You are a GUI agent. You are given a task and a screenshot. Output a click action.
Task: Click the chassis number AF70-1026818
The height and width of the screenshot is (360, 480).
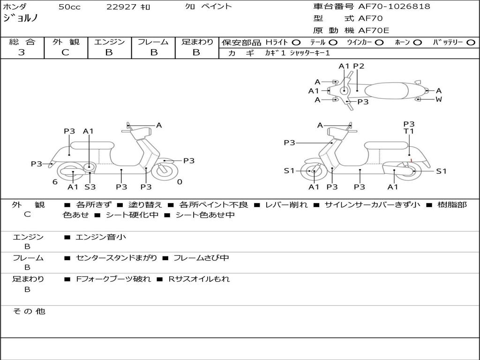click(394, 6)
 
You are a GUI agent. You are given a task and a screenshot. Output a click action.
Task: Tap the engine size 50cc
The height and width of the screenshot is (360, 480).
click(69, 7)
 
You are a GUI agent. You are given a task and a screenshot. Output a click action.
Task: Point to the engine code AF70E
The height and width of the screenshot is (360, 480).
click(374, 30)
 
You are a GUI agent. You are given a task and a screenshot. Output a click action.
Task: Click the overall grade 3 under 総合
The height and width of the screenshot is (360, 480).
click(22, 52)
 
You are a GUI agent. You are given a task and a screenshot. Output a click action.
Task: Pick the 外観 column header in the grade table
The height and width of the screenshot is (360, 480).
click(66, 42)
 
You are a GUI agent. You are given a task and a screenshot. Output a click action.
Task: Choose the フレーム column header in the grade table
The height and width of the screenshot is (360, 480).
click(153, 42)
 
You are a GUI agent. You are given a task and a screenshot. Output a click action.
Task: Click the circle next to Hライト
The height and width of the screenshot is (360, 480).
click(296, 43)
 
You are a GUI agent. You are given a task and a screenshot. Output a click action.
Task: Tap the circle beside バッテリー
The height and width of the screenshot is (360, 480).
click(471, 43)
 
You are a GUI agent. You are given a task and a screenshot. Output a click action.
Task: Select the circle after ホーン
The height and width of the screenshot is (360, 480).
click(418, 43)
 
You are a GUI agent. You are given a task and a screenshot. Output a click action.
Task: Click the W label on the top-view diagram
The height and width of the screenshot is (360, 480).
click(439, 99)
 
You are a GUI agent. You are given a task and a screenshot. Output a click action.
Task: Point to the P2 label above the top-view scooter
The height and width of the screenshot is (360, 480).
click(359, 66)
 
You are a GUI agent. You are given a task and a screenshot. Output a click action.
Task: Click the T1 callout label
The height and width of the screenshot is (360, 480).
click(409, 131)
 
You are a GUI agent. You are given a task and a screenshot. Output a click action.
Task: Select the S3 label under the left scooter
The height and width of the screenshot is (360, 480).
click(90, 187)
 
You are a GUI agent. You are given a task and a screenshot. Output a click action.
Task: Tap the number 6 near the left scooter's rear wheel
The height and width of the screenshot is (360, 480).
click(55, 182)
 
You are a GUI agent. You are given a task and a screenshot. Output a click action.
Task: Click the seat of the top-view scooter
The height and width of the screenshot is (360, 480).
click(386, 91)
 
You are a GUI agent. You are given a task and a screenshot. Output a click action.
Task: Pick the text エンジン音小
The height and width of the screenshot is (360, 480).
click(101, 237)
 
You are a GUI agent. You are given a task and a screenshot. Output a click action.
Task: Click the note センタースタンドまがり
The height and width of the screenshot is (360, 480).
click(117, 258)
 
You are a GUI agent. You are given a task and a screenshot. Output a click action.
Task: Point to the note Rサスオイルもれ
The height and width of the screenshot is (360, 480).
click(199, 279)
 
